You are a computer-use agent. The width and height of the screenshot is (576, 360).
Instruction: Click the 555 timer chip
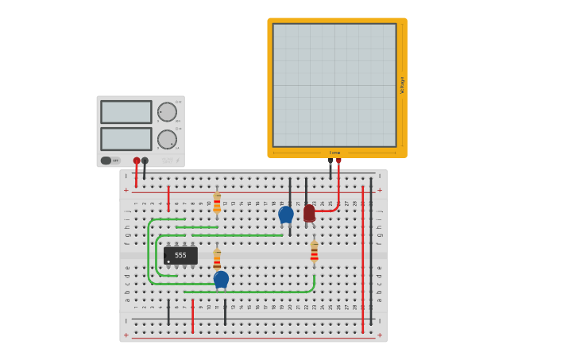pos(180,255)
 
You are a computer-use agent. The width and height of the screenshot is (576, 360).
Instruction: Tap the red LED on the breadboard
pos(309,213)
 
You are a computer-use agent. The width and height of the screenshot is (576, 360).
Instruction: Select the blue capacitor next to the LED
pos(286,214)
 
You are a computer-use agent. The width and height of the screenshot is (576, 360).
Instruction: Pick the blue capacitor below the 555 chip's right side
pos(221,279)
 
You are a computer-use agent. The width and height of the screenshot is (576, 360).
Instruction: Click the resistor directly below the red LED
pos(314,252)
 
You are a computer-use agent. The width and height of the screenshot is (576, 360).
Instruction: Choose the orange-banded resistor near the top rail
pos(217,202)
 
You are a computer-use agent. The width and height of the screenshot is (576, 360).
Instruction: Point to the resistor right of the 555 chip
pos(217,258)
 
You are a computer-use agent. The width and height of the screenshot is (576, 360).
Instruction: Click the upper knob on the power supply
pos(167,112)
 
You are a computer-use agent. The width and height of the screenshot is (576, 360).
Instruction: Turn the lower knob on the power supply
pos(167,139)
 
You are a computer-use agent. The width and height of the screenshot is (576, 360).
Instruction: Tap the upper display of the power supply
pos(126,112)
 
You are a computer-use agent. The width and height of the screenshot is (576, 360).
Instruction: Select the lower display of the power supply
pos(126,139)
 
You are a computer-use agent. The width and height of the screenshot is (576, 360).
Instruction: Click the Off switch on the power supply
pos(110,161)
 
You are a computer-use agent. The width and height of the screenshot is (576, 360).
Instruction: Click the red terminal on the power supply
pos(137,161)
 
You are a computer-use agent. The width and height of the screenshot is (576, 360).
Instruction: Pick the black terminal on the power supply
pos(145,161)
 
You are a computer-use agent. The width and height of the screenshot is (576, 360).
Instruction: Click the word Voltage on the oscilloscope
pos(402,85)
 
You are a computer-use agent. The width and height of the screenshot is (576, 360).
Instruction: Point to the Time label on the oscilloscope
pos(334,153)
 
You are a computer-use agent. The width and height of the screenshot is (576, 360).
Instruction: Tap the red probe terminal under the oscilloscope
pos(338,161)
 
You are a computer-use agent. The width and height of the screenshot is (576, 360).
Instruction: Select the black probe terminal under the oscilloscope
pos(331,161)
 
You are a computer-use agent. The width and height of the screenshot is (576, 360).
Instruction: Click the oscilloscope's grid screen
pos(334,85)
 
